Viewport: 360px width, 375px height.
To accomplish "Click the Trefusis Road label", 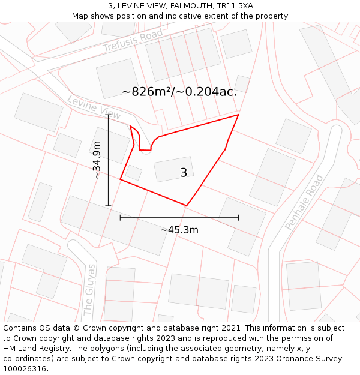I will coord(133,40).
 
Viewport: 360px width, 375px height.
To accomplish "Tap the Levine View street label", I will coord(94,107).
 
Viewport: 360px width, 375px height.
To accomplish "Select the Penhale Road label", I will coord(304,202).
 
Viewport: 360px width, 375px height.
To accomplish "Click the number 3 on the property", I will coord(184,173).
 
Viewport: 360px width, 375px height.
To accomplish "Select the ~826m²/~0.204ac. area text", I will coord(179,92).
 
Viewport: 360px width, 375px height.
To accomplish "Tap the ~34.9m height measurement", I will coord(97,160).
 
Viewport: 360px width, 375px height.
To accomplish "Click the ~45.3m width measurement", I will coord(179,230).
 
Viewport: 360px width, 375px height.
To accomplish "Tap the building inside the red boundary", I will coord(173,169).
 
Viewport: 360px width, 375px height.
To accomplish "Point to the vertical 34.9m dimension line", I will coord(108,180).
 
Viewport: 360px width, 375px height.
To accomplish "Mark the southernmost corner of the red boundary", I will coord(187,206).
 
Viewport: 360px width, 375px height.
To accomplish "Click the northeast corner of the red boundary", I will coord(238,115).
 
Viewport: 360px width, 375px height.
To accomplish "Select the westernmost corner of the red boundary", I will coord(121,179).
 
